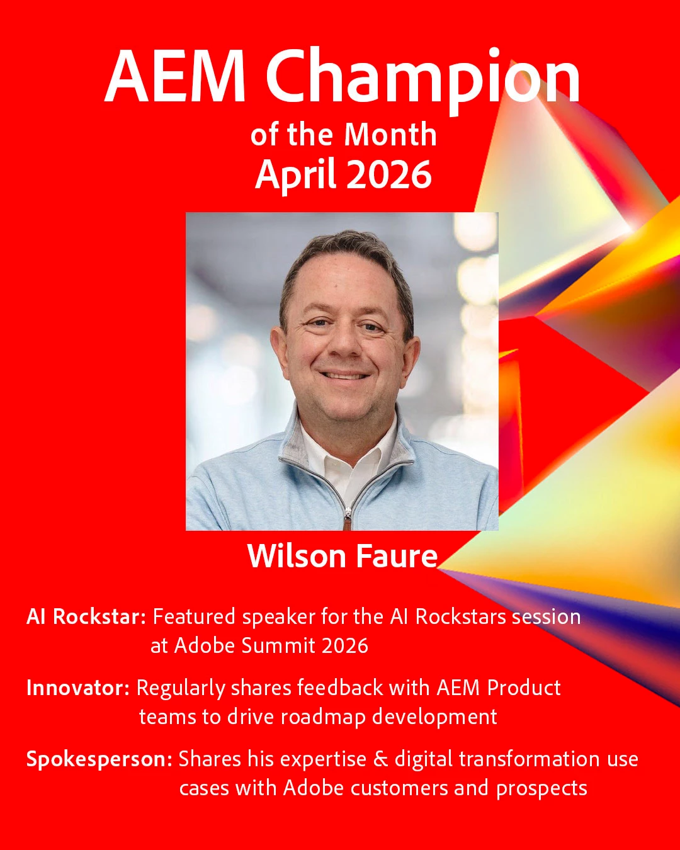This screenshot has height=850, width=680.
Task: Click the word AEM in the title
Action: tap(174, 77)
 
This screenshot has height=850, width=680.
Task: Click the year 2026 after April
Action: tap(389, 174)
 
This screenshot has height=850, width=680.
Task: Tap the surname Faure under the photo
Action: tap(397, 556)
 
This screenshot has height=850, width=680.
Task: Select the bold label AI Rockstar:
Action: tap(86, 617)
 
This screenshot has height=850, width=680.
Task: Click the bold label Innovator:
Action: tap(78, 688)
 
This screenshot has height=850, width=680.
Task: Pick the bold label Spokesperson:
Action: tap(99, 759)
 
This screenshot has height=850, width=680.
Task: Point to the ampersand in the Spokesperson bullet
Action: tap(381, 759)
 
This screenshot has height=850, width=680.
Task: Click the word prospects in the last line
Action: tap(541, 789)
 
